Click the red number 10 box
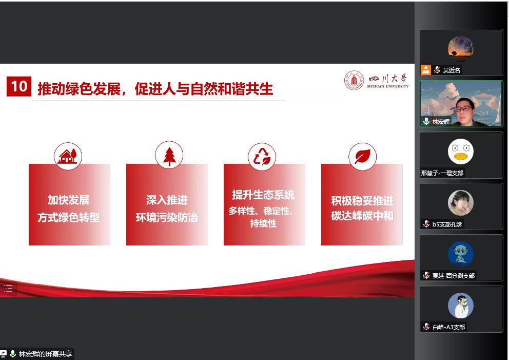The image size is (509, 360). (19, 86)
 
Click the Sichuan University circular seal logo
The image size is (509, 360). (354, 80)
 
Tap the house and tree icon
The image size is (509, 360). (68, 156)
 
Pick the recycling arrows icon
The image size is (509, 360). (262, 157)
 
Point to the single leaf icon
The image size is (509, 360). (363, 157)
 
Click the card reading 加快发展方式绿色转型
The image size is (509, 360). (69, 204)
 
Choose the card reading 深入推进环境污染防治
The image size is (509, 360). (167, 204)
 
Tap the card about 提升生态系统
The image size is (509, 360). (264, 204)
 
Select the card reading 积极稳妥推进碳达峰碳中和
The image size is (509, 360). (362, 204)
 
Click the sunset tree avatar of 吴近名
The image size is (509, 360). (461, 49)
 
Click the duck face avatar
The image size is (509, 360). (461, 151)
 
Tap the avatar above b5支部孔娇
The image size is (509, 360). (461, 203)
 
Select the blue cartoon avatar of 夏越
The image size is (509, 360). (461, 254)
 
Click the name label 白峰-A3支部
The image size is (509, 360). (448, 327)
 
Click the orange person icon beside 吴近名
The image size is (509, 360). (425, 69)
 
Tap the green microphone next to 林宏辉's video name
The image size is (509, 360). (426, 121)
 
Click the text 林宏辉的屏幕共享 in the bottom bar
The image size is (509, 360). (46, 353)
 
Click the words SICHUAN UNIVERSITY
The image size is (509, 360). (387, 86)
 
